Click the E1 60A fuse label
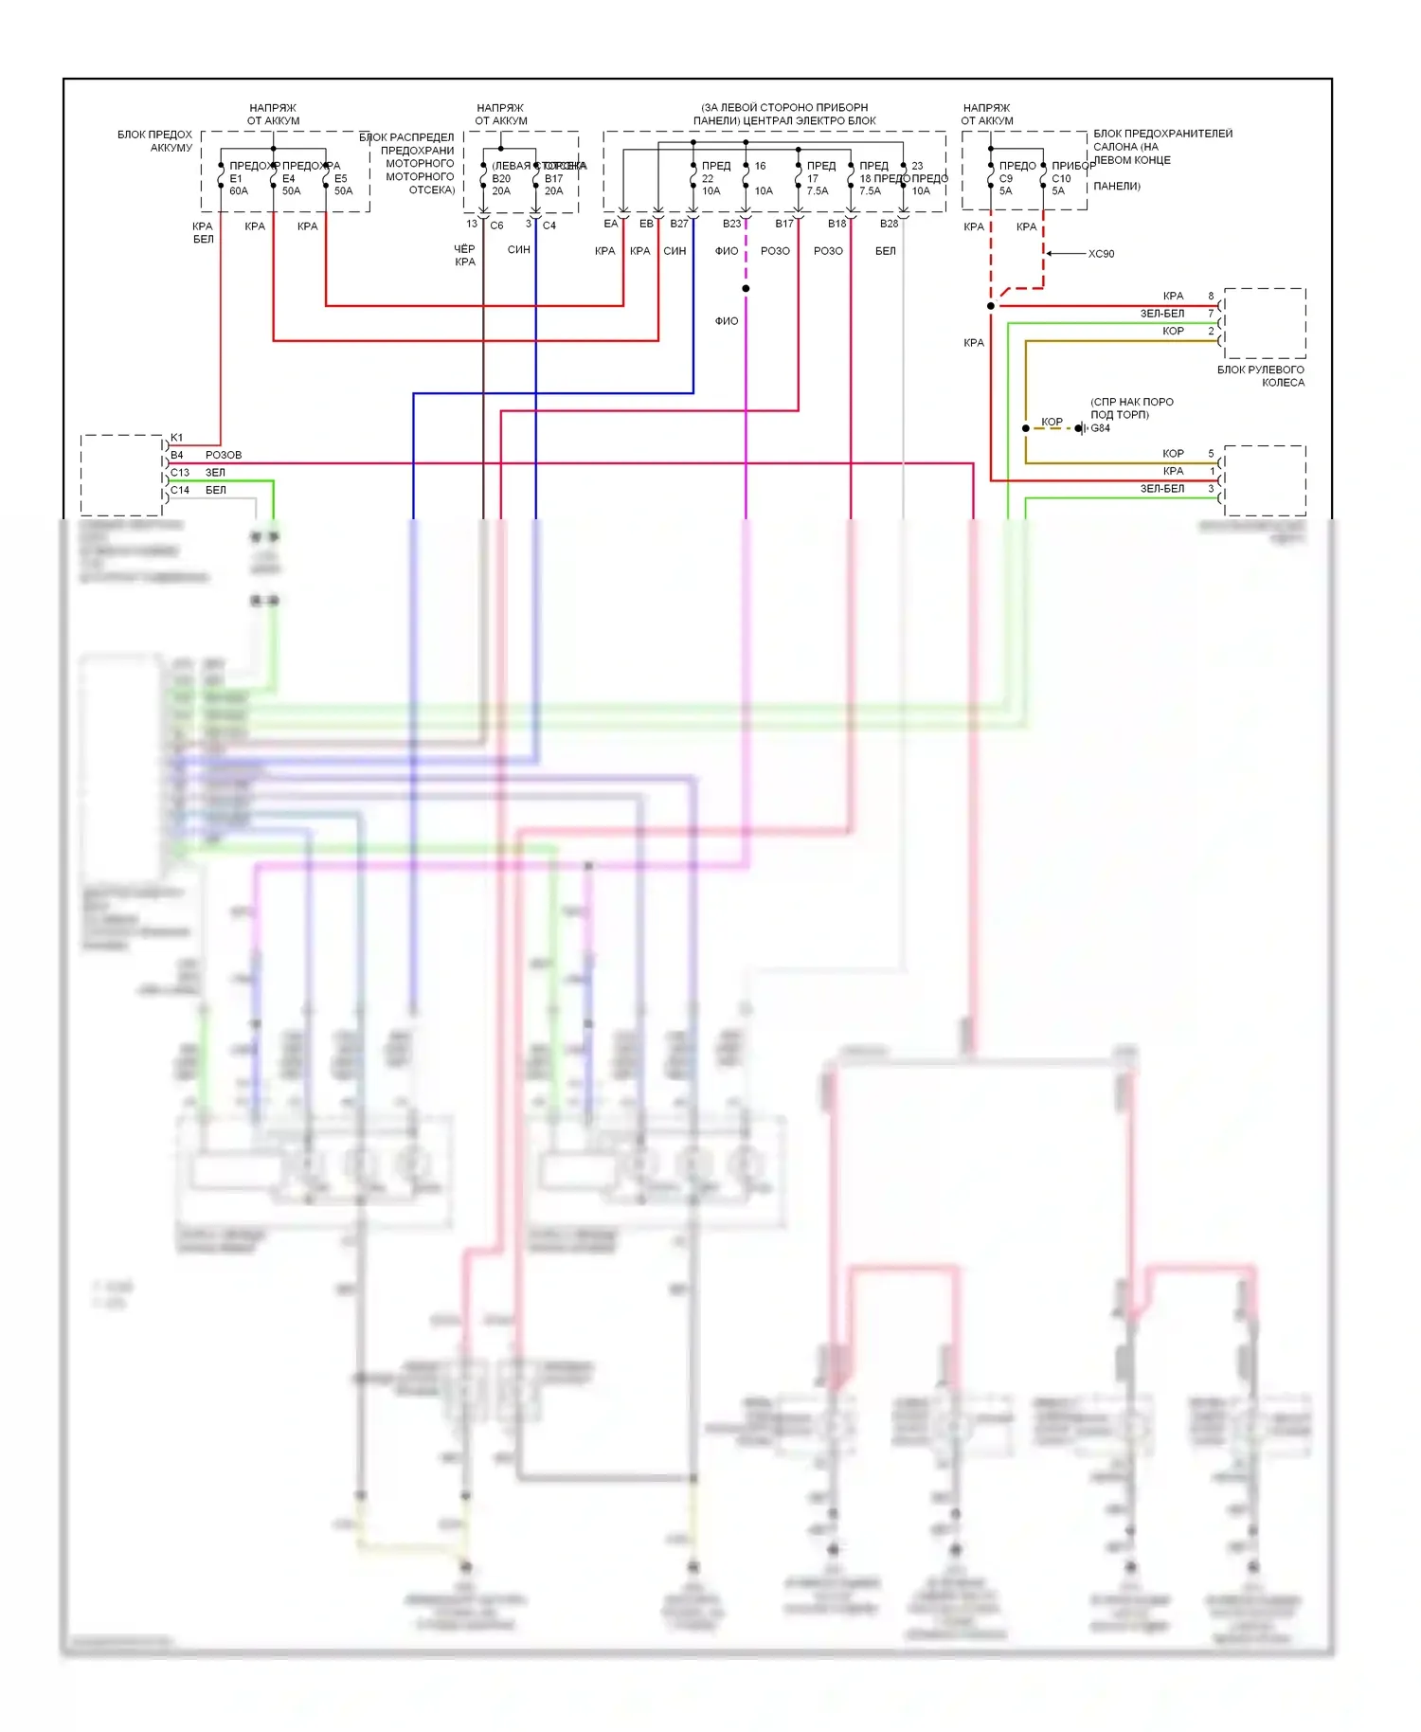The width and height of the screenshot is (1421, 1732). tap(238, 185)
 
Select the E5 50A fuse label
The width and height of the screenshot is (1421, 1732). tap(343, 185)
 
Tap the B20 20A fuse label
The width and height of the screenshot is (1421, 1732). tap(501, 185)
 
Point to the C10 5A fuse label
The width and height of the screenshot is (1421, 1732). tap(1060, 185)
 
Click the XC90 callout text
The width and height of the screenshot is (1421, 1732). tap(1101, 254)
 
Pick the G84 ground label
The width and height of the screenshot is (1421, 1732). tap(1100, 428)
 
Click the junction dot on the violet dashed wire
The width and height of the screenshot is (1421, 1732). tap(746, 288)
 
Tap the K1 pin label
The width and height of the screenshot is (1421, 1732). tap(176, 438)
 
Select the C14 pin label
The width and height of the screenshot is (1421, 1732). tap(180, 490)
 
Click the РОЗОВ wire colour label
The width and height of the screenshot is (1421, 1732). tap(224, 455)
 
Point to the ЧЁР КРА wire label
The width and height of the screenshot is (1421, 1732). tap(464, 256)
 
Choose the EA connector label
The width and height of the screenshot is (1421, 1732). tap(611, 224)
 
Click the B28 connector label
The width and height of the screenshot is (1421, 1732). tap(889, 224)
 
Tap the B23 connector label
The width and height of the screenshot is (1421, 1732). tap(731, 224)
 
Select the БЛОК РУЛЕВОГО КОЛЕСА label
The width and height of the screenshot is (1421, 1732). tap(1261, 376)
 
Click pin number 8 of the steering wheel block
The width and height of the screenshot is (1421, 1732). tap(1211, 297)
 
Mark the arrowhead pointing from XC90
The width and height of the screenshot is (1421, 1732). tap(1050, 254)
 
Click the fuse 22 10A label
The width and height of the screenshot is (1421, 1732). tap(710, 185)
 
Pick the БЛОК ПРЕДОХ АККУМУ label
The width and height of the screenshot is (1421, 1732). tap(154, 141)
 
